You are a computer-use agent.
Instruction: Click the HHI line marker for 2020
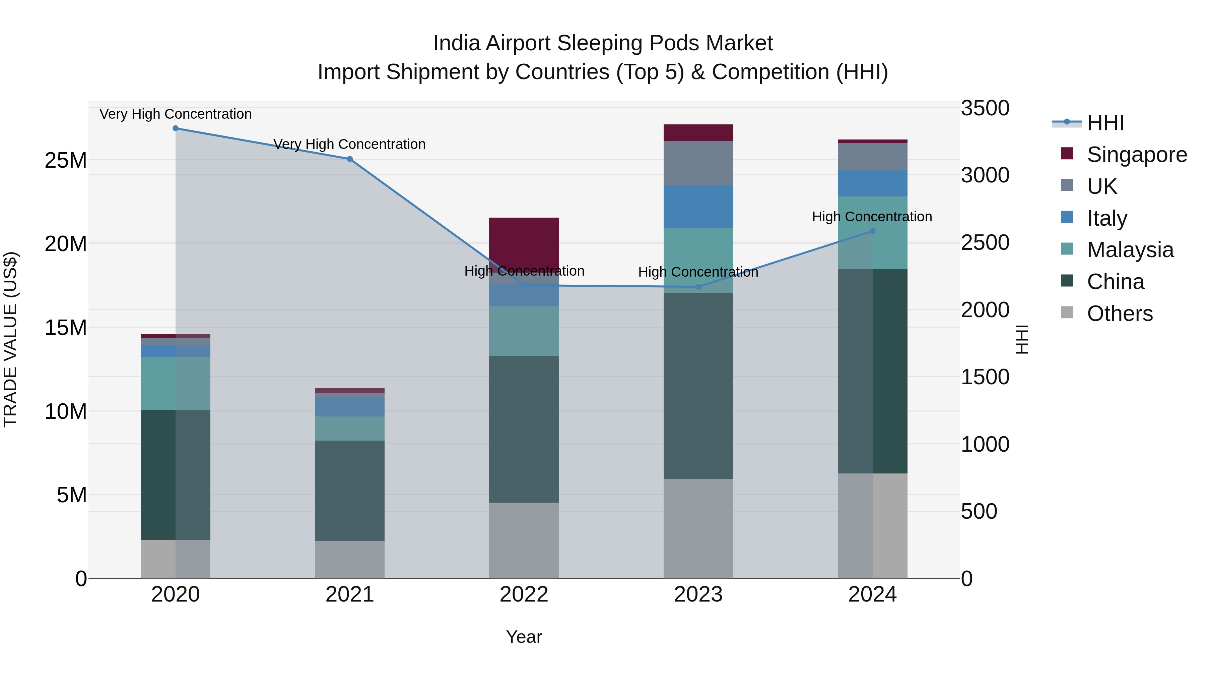(176, 128)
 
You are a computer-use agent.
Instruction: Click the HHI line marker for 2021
(350, 159)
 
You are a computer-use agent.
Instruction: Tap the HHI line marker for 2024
(872, 231)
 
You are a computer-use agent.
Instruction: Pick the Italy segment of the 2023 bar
(698, 207)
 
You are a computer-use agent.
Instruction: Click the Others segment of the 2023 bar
(698, 528)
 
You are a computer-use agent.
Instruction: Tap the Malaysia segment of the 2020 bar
(176, 383)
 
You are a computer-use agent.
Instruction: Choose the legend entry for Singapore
(1136, 155)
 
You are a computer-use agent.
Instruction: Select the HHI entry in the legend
(1105, 123)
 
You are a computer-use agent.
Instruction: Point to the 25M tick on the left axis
(66, 161)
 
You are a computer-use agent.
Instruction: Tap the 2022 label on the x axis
(524, 595)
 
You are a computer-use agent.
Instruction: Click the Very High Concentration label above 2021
(349, 144)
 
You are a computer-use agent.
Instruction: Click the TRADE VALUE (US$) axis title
(10, 339)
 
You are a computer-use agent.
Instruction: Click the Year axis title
(524, 637)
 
